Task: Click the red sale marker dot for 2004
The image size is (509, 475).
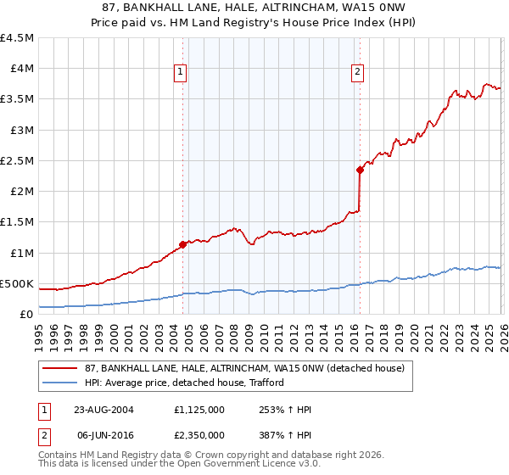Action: click(x=182, y=244)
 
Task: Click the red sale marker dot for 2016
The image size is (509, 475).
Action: click(x=360, y=170)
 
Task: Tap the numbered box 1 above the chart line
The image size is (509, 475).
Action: click(x=182, y=73)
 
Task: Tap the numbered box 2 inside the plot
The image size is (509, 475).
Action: click(x=358, y=73)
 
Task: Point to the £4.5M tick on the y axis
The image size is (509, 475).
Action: click(x=17, y=38)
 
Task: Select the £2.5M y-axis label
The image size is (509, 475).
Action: click(x=17, y=160)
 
